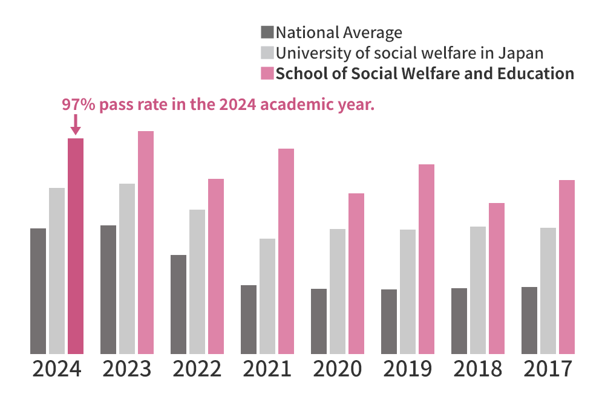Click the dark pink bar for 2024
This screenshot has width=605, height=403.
pyautogui.click(x=75, y=246)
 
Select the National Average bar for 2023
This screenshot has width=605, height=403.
pyautogui.click(x=108, y=289)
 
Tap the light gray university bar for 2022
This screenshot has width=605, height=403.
pyautogui.click(x=197, y=282)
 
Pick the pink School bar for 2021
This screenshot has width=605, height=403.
pyautogui.click(x=286, y=251)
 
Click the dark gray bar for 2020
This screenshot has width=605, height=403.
pyautogui.click(x=319, y=321)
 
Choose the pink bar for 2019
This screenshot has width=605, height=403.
pyautogui.click(x=427, y=259)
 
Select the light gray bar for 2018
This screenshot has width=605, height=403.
pyautogui.click(x=478, y=290)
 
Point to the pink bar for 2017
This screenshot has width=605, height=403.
pyautogui.click(x=567, y=266)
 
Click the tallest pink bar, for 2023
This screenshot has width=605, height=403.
pyautogui.click(x=146, y=242)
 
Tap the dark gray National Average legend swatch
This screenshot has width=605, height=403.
pyautogui.click(x=267, y=33)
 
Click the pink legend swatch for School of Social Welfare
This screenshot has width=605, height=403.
pyautogui.click(x=267, y=74)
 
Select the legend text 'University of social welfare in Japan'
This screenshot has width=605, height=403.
pyautogui.click(x=410, y=53)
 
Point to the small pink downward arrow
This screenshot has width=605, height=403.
pyautogui.click(x=75, y=126)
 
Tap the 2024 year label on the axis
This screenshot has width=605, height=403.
pyautogui.click(x=56, y=369)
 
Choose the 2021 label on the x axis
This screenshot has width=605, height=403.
pyautogui.click(x=267, y=369)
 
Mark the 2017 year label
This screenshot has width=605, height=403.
pyautogui.click(x=548, y=369)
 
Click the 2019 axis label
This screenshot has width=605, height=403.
pyautogui.click(x=407, y=369)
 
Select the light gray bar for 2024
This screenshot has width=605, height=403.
pyautogui.click(x=57, y=271)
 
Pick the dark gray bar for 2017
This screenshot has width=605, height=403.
pyautogui.click(x=529, y=320)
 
